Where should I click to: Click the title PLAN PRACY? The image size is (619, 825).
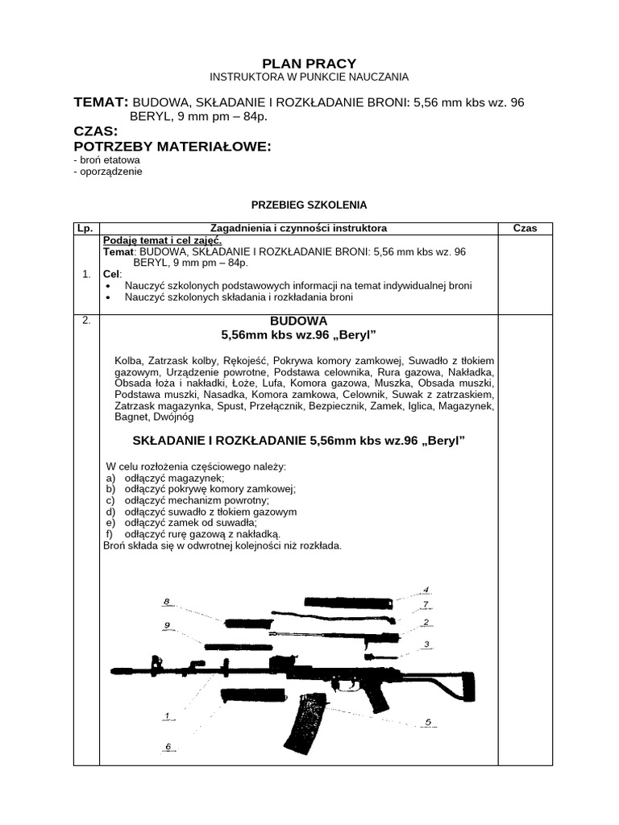309,64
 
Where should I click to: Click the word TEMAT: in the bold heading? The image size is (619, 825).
101,102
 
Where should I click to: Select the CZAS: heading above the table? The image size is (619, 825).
96,131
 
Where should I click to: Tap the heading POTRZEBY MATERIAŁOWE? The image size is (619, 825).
172,147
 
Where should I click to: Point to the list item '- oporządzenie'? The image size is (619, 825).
107,172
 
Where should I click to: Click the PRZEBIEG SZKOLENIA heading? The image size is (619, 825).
309,205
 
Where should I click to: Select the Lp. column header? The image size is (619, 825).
85,229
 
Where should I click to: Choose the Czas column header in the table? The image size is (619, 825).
525,229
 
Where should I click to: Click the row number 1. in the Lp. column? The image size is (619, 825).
86,275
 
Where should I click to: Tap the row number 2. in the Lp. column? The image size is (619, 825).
86,321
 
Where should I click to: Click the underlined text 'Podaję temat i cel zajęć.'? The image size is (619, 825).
163,240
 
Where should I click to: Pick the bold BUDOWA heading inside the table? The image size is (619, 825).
299,321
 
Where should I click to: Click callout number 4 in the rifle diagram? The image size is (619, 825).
426,590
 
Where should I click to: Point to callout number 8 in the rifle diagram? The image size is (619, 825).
166,602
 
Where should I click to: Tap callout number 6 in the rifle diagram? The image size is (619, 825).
168,746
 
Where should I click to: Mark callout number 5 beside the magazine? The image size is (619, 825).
429,722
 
